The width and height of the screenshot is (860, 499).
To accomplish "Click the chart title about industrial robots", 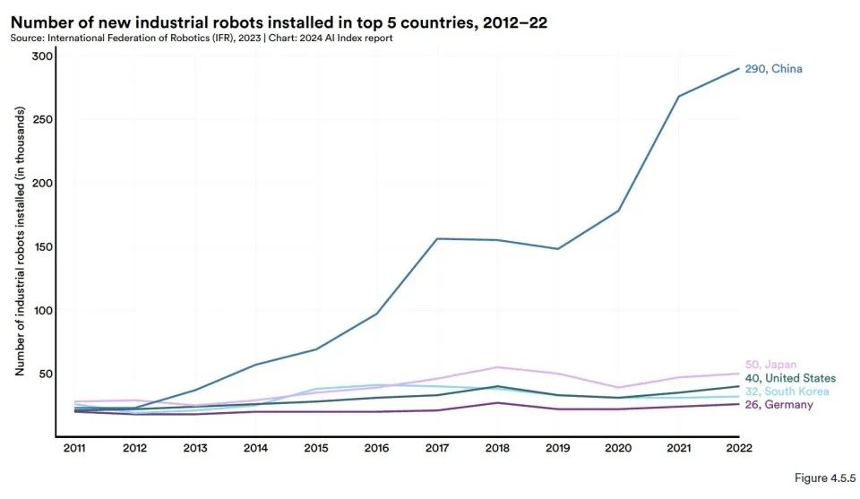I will pos(278,22).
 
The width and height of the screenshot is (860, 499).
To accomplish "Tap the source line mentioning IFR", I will pos(201,39).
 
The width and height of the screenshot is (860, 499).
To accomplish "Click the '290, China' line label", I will pos(773,69).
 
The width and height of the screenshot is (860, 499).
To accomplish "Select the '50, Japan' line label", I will pos(771,365).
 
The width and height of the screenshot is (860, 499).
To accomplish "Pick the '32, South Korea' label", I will pos(787,391).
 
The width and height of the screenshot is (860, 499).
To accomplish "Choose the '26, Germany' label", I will pos(778,405).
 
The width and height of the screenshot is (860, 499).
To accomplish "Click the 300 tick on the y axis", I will pos(43,56).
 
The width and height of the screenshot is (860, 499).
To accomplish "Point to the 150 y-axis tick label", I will pos(43,247).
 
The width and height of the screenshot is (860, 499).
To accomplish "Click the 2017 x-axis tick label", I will pos(437,448).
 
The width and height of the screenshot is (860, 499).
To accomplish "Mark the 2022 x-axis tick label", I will pos(739,448).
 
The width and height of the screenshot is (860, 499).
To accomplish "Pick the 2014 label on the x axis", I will pos(255,448).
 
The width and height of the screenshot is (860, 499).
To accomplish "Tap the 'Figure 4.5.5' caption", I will pos(824,479).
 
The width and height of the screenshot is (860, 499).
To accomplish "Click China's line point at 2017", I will pos(437,238).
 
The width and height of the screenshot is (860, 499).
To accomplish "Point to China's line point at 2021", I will pos(678,96).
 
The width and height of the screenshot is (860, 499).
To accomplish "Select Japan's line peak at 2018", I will pos(497,367).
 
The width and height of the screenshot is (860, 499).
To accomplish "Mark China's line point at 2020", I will pos(618,211).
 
